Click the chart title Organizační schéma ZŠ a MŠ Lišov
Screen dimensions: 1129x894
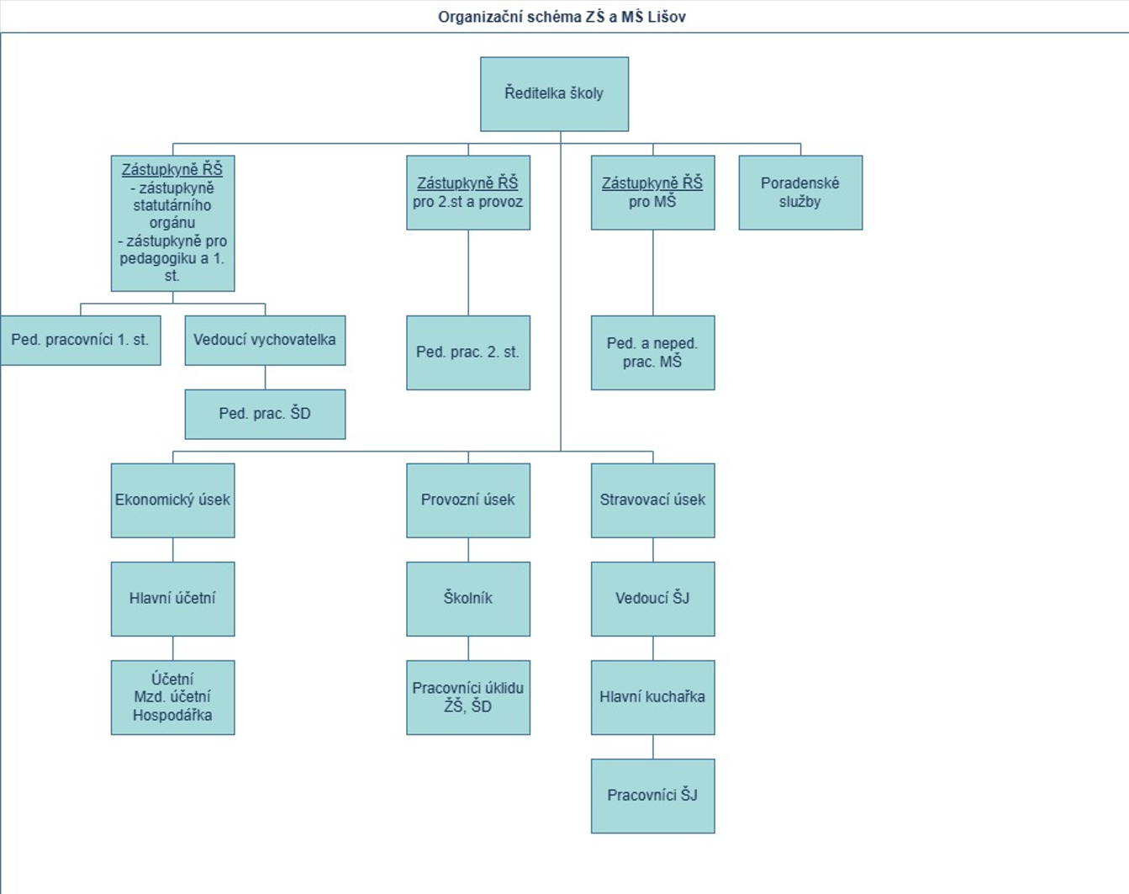tap(562, 18)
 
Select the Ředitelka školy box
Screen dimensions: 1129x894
tap(555, 94)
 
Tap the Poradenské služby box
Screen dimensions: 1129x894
tap(800, 192)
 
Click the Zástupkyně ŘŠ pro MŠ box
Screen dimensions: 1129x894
tap(652, 192)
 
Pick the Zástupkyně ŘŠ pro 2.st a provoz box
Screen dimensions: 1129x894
tap(468, 192)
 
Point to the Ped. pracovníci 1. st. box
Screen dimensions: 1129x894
tap(80, 340)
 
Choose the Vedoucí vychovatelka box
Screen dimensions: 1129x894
tap(265, 340)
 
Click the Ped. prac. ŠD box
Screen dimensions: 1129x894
tap(265, 414)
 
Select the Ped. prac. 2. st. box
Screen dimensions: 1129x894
tap(468, 352)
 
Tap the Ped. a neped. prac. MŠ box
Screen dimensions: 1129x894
tap(652, 352)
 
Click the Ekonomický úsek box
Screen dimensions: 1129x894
tap(172, 500)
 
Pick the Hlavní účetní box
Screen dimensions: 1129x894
tap(172, 599)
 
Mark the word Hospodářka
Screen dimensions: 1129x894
tap(172, 715)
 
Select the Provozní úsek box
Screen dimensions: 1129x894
tap(468, 500)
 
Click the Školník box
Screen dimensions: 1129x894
tap(468, 599)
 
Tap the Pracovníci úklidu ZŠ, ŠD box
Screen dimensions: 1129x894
tap(468, 697)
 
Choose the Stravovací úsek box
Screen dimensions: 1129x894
tap(652, 500)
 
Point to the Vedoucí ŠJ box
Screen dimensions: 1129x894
tap(652, 599)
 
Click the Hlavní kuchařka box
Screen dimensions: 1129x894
tap(652, 697)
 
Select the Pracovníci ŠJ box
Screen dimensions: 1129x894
tap(652, 796)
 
